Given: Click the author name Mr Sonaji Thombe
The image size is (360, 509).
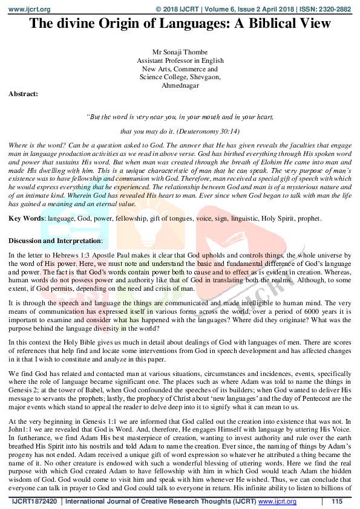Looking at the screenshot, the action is point(180,53).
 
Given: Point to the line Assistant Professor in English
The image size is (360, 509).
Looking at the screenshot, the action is point(180,61).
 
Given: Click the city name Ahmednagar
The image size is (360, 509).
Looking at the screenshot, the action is point(180,86).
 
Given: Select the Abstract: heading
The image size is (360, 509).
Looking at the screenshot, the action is point(23,94).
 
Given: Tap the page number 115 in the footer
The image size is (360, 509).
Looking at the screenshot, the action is point(338,502).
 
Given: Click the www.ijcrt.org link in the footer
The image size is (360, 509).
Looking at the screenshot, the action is point(277,502).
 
